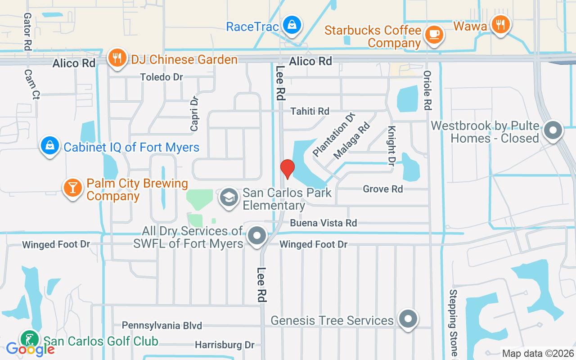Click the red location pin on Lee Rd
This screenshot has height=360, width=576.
coord(287,169)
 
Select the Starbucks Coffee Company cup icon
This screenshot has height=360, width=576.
coord(434,34)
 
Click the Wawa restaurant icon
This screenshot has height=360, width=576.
coord(500,23)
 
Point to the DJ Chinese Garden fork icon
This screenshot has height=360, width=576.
coord(117,58)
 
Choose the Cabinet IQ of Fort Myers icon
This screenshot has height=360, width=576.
coord(50,145)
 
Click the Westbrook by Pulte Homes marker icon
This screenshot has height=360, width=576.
coord(553,131)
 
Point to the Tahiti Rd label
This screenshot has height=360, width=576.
coord(310,111)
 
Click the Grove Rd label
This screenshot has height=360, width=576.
coord(383,189)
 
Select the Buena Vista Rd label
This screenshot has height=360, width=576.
coord(323,223)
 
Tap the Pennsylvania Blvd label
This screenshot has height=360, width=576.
coord(162,325)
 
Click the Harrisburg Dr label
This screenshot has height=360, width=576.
coord(225,345)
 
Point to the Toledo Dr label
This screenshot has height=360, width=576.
coord(162,77)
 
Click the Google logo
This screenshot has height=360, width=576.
coord(30,349)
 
